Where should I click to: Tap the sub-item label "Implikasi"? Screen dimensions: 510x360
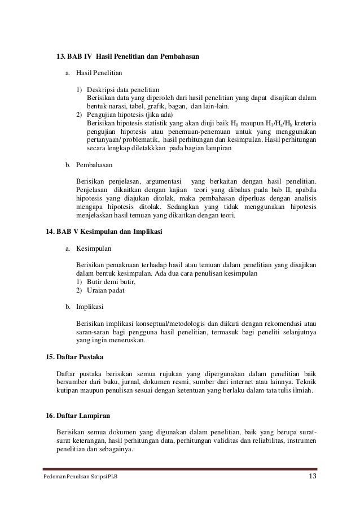pyautogui.click(x=90, y=307)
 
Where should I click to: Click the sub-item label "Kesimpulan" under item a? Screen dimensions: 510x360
pyautogui.click(x=94, y=249)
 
